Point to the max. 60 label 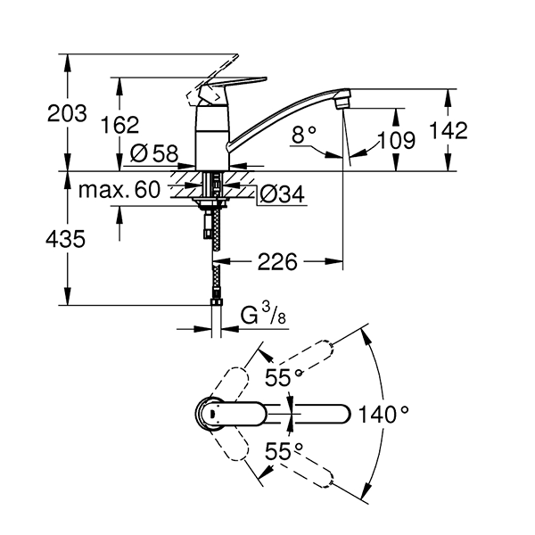click(x=119, y=190)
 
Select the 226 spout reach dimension click(x=277, y=262)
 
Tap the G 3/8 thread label click(x=262, y=316)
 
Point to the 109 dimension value click(x=396, y=140)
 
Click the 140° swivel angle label click(x=383, y=414)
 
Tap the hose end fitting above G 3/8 click(x=215, y=308)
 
